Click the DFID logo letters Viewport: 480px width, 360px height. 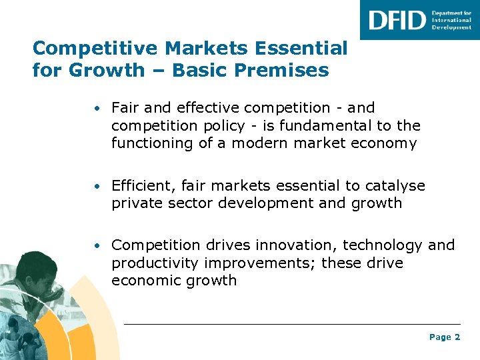coord(397,20)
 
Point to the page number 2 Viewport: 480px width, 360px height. coord(457,337)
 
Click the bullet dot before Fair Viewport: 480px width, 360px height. coord(97,108)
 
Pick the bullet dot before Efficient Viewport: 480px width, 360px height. coord(97,186)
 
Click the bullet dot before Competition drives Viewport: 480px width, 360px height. coord(97,246)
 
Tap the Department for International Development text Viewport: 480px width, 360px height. coord(451,20)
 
